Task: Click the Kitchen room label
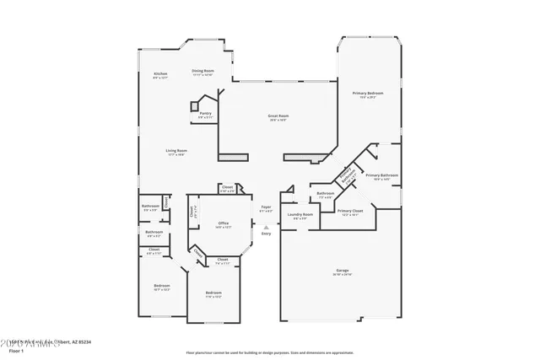pos(160,74)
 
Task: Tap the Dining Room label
pos(202,71)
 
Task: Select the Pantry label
pos(205,112)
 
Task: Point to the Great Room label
pos(278,116)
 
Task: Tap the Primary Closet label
pos(350,211)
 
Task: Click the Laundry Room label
pos(300,214)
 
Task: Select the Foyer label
pos(266,206)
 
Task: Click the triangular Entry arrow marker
pos(267,226)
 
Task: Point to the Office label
pos(223,223)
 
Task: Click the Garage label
pos(343,270)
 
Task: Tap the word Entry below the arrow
pos(267,234)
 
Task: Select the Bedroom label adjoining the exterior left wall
pos(162,285)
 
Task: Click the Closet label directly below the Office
pos(223,259)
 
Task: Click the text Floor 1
pos(16,350)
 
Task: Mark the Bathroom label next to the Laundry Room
pos(326,193)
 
